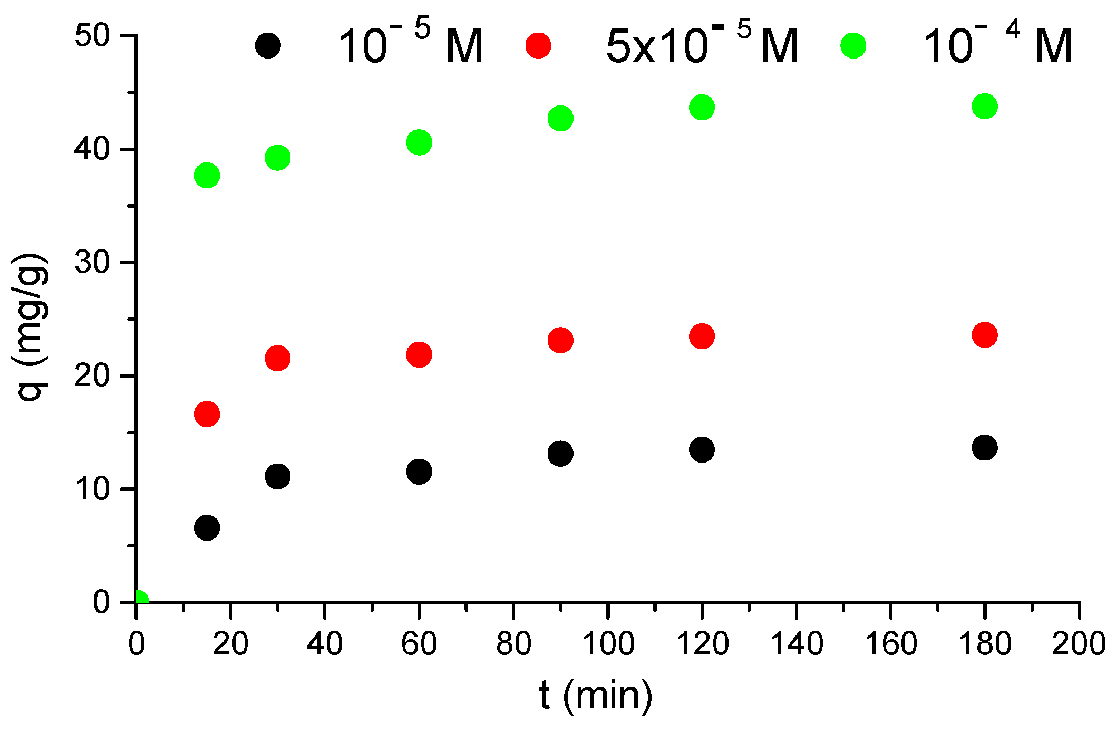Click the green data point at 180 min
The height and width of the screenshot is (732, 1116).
click(x=984, y=107)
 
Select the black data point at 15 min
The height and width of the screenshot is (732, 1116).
click(x=207, y=527)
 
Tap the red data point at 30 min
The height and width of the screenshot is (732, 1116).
click(x=277, y=359)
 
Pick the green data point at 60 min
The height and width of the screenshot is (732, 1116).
click(x=419, y=142)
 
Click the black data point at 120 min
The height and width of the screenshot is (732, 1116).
click(x=702, y=450)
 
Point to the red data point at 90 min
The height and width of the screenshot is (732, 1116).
click(x=560, y=340)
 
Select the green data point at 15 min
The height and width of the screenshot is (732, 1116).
click(x=207, y=175)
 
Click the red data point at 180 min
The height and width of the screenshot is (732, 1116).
click(x=984, y=335)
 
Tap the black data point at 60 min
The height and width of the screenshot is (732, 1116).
click(x=419, y=471)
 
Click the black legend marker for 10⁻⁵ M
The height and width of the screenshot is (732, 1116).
click(x=268, y=46)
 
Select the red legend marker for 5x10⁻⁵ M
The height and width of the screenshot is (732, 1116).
click(x=538, y=45)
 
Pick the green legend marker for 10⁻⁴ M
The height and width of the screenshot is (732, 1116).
click(x=853, y=45)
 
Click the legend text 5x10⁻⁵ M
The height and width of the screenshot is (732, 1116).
click(x=702, y=45)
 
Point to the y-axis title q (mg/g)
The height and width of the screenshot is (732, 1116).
click(x=33, y=327)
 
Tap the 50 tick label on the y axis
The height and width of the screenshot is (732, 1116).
click(x=92, y=36)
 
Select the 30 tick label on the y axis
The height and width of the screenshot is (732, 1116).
click(x=92, y=263)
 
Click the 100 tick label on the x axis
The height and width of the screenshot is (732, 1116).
click(x=608, y=644)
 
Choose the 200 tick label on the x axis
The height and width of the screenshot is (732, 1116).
click(x=1078, y=644)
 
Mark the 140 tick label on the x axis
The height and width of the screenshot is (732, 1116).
click(x=797, y=644)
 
